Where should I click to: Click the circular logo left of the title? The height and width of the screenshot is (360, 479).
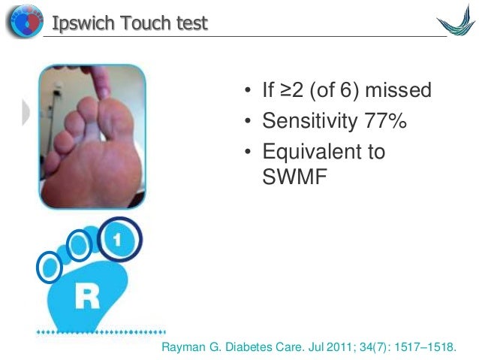pos(24,23)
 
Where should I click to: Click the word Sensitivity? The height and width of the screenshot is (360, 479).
pos(306,121)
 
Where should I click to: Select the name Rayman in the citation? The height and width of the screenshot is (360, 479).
pos(185,347)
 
